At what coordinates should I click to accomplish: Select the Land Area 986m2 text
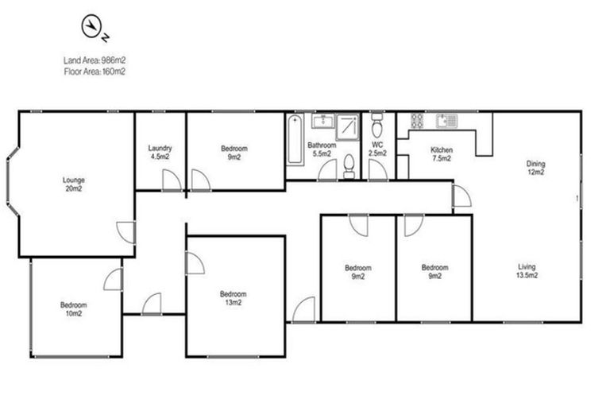point(95,60)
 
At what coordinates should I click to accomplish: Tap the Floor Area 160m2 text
point(95,71)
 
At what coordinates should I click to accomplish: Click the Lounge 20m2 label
point(74,184)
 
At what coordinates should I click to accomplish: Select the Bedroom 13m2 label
point(231,297)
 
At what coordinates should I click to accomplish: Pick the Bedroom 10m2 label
point(74,308)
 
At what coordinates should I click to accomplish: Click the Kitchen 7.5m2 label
point(441,154)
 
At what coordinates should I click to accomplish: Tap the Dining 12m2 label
point(536,169)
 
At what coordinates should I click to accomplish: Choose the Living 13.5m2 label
point(526,272)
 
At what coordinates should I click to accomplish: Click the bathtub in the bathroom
point(295,140)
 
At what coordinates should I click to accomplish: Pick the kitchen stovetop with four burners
point(417,122)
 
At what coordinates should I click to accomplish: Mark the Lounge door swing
point(125,232)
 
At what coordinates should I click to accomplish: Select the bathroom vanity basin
point(322,122)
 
